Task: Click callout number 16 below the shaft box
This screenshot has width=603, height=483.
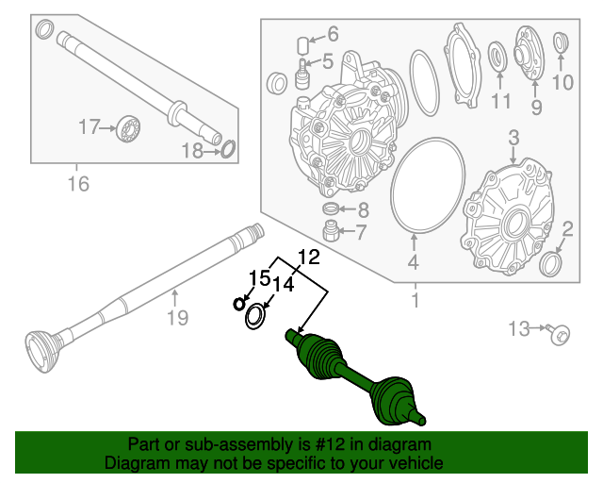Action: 78,184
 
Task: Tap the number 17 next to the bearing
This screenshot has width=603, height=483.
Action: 89,125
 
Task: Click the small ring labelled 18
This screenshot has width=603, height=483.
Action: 227,147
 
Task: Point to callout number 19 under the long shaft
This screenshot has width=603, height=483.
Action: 178,318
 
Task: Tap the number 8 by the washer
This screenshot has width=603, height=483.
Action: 362,209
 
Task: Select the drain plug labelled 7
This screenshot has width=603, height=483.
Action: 331,231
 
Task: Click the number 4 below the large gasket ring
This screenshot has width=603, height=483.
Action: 412,263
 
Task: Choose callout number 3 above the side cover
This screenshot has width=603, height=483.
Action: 513,141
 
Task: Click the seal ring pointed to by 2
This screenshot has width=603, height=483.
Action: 551,261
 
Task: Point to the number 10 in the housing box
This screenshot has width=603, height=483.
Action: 562,82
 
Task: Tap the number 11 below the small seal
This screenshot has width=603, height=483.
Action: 499,101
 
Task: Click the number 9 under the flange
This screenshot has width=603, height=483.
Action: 535,107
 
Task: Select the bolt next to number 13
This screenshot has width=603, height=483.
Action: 560,331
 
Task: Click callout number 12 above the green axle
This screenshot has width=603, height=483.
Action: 309,257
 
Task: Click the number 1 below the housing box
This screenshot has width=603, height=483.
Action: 413,301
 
